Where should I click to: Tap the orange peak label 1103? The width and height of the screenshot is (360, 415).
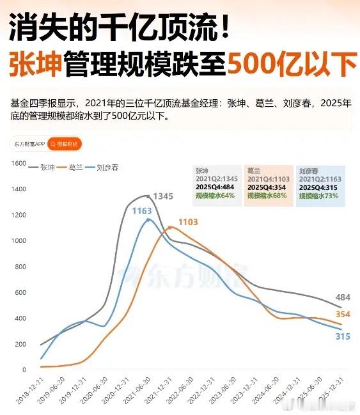pos(188,221)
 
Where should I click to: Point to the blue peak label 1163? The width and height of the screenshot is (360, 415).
pos(142,210)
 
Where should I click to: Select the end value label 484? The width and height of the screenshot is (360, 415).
pos(342,297)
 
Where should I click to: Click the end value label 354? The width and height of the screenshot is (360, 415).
pos(342,314)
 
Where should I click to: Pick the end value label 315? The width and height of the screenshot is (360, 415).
pos(342,336)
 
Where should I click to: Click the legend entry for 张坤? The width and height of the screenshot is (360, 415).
pos(43,168)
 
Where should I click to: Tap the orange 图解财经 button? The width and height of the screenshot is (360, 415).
pos(64,145)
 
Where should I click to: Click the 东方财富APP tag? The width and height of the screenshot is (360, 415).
pos(29,145)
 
